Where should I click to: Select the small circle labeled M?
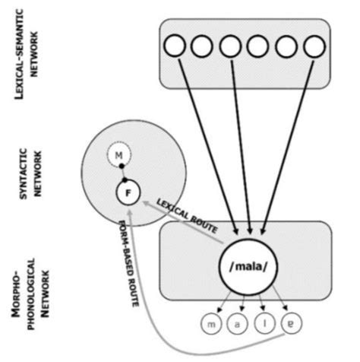pos(117,156)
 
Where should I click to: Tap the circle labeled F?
pos(128,193)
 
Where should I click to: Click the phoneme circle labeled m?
pos(211,325)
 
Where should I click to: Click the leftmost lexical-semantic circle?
pos(174,47)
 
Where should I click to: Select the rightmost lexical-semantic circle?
pos(313,47)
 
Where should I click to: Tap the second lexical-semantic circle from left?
pos(202,47)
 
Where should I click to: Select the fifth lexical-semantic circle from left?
pos(286,47)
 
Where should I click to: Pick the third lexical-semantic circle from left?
pos(230,47)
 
